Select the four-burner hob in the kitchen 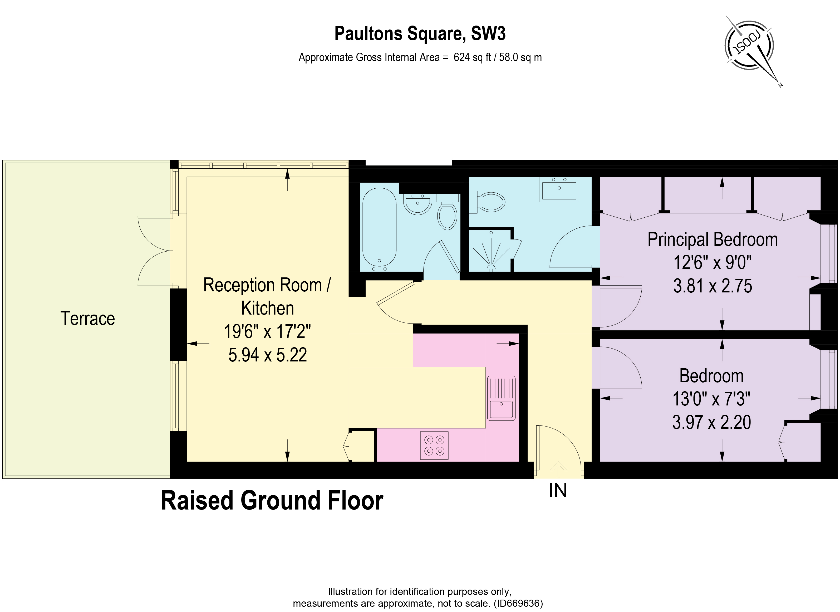tap(434, 446)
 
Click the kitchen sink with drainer tap(501, 398)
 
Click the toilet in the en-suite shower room tap(487, 202)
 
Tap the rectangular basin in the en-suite tap(559, 189)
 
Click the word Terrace tap(88, 319)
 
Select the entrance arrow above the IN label tap(558, 469)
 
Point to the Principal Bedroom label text tap(712, 240)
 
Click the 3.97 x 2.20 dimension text tap(711, 422)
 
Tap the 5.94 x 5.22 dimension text tap(267, 355)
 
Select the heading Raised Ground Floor tap(272, 501)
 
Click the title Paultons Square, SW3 tap(420, 34)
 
